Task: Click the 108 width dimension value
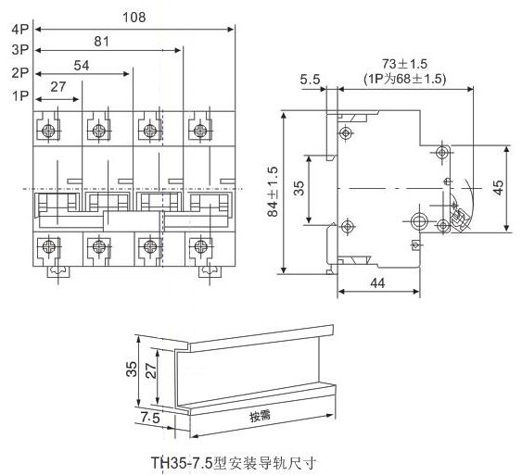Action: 134,18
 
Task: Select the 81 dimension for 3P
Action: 102,42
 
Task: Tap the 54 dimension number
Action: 82,66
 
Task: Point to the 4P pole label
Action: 20,30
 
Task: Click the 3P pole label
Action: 20,50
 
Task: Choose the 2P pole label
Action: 20,72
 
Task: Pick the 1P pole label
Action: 20,95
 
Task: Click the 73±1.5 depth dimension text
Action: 404,64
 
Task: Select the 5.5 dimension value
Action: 310,80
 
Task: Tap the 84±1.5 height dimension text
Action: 273,192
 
